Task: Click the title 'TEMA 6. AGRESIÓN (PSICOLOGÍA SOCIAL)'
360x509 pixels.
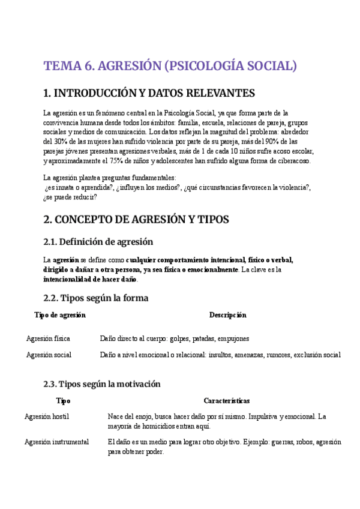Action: pyautogui.click(x=170, y=65)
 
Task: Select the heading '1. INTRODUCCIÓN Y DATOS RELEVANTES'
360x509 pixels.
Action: pyautogui.click(x=149, y=93)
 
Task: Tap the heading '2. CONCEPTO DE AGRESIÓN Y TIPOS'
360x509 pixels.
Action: pyautogui.click(x=136, y=219)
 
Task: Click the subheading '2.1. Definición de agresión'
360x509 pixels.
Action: pyautogui.click(x=98, y=242)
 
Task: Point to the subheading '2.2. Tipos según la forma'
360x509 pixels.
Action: pyautogui.click(x=96, y=298)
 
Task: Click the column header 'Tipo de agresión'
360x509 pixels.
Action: pyautogui.click(x=60, y=315)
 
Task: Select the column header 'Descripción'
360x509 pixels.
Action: pyautogui.click(x=227, y=315)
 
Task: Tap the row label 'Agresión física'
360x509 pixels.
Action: pyautogui.click(x=48, y=339)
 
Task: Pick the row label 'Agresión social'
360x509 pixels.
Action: pyautogui.click(x=49, y=355)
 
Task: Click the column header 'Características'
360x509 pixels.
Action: pyautogui.click(x=227, y=401)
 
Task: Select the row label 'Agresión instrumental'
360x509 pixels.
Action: pyautogui.click(x=56, y=442)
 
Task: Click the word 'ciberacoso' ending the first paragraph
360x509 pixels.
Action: pyautogui.click(x=292, y=161)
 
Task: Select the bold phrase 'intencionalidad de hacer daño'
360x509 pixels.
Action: pyautogui.click(x=90, y=279)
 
